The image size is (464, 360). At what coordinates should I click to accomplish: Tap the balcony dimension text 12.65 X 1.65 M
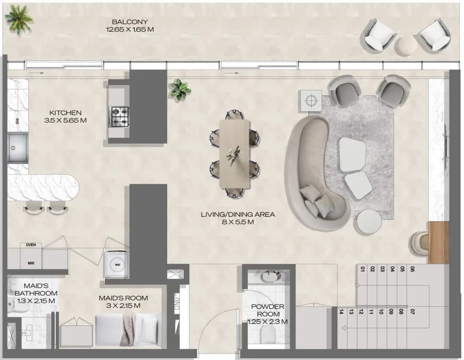click(x=130, y=30)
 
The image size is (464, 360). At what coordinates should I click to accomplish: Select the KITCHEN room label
click(x=66, y=113)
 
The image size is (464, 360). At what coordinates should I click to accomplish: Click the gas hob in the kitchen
click(x=120, y=117)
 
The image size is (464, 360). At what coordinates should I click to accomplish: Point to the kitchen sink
click(x=18, y=148)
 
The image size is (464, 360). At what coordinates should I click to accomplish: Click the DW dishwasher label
click(x=17, y=121)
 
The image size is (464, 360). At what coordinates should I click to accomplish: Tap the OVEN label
click(x=31, y=245)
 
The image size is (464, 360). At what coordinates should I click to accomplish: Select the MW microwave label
click(x=31, y=263)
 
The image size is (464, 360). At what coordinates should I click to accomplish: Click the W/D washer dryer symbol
click(x=117, y=265)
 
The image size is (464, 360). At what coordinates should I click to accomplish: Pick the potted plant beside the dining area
click(x=180, y=90)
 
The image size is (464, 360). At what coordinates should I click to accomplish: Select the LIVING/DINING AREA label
click(x=238, y=215)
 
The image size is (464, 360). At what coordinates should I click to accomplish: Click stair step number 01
click(x=363, y=269)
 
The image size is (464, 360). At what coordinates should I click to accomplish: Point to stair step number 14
click(x=341, y=312)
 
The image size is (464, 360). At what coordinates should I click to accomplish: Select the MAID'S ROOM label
click(x=123, y=298)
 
